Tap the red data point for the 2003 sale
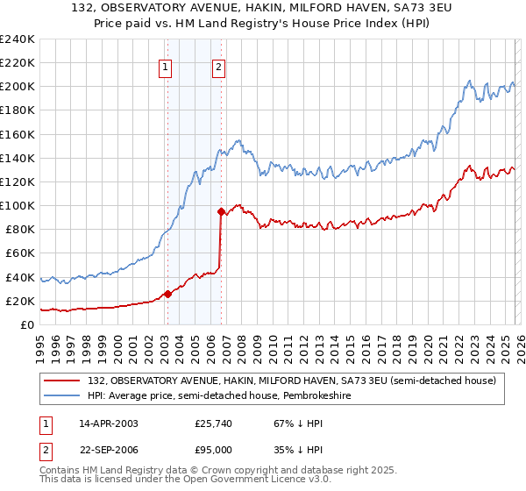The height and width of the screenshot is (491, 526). coord(167,294)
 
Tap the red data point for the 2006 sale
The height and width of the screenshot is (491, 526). coord(221,211)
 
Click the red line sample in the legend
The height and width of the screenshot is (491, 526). coord(63,381)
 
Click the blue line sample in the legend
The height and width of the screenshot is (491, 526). coord(63,395)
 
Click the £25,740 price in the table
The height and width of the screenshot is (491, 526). coord(213,423)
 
